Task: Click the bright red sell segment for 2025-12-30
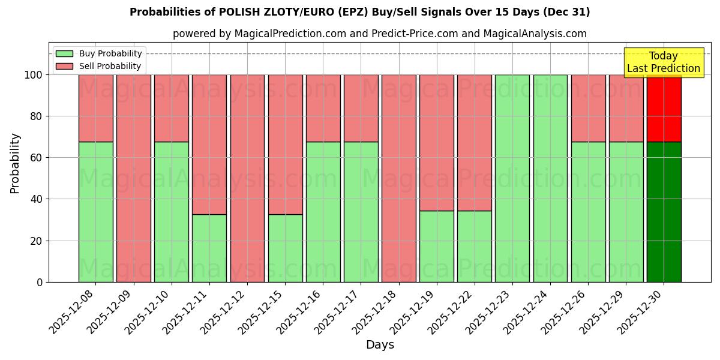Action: (664, 108)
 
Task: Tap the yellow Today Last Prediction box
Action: (664, 62)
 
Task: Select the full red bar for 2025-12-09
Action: (134, 178)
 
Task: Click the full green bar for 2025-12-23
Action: (512, 178)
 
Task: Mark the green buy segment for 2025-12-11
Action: (209, 248)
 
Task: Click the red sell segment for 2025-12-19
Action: (437, 143)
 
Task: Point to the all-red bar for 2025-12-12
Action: (247, 178)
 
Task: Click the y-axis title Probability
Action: (15, 163)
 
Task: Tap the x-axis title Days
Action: (380, 345)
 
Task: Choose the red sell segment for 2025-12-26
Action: (588, 108)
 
